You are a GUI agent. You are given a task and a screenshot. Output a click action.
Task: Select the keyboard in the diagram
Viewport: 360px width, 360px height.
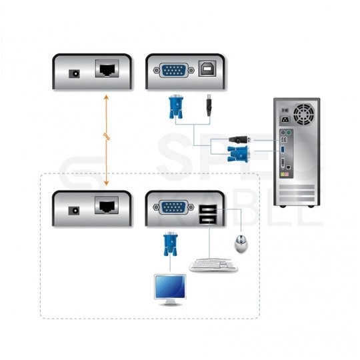(x=212, y=265)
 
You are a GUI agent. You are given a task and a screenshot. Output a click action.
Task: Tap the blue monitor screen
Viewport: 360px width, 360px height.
(x=169, y=287)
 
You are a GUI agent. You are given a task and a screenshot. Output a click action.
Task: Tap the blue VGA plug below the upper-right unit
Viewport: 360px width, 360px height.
(x=176, y=107)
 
